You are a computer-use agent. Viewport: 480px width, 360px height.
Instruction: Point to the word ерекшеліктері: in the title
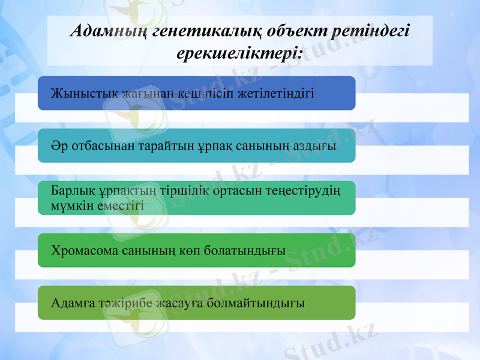point(240,52)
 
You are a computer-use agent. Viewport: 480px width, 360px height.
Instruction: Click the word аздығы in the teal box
point(316,146)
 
